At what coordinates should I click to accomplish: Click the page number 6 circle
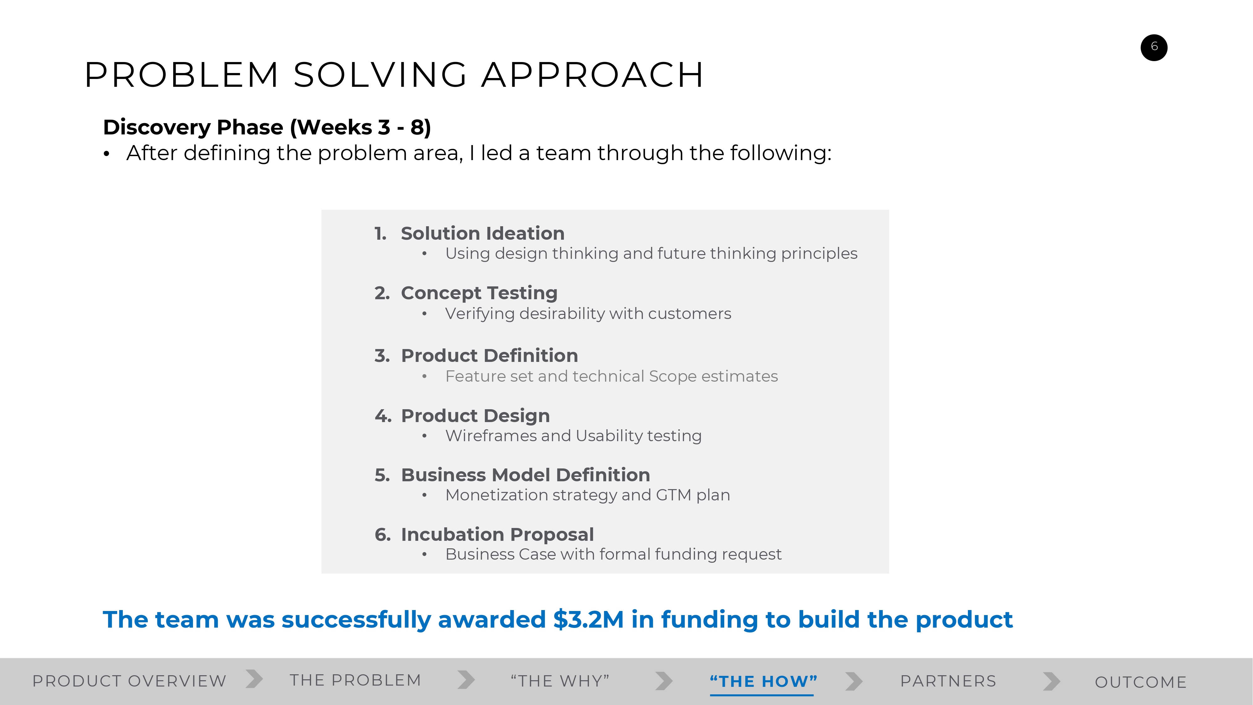tap(1154, 48)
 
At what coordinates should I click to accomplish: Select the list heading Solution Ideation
tap(482, 233)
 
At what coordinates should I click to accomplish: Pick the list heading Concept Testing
tap(479, 293)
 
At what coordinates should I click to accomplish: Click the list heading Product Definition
tap(489, 356)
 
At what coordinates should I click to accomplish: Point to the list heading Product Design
tap(475, 416)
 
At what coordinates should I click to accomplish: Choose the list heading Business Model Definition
tap(525, 475)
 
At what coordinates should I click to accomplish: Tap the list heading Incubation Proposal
tap(497, 535)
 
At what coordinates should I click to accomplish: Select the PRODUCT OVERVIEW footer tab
tap(129, 681)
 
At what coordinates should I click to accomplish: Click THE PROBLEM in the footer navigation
tap(356, 680)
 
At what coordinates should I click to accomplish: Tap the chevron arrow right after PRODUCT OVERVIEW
tap(254, 679)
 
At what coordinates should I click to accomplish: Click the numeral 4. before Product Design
tap(383, 416)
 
